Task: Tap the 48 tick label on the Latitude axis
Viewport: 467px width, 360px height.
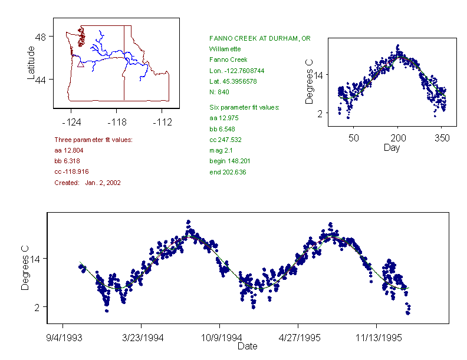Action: [x=41, y=37]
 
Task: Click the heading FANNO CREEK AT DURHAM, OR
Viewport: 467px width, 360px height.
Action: [x=260, y=38]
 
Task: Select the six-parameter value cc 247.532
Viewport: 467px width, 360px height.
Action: [x=226, y=140]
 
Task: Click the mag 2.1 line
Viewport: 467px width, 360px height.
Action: [x=222, y=150]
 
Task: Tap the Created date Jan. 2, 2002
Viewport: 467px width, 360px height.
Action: [x=103, y=183]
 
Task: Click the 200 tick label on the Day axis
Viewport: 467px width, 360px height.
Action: [x=398, y=138]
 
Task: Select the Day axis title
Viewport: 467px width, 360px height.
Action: [x=392, y=147]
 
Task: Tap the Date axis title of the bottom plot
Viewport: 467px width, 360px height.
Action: [x=247, y=346]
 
